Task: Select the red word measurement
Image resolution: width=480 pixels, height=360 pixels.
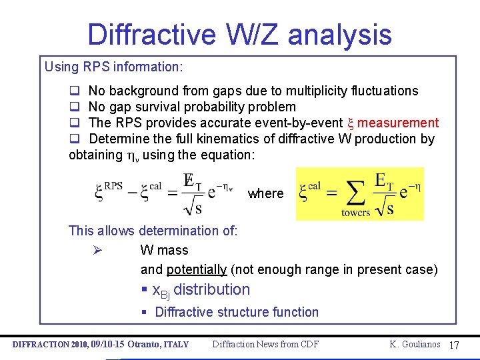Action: pyautogui.click(x=398, y=123)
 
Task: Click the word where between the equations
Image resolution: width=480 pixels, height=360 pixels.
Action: pyautogui.click(x=265, y=193)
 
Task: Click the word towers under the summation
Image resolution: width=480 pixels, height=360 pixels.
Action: pyautogui.click(x=355, y=213)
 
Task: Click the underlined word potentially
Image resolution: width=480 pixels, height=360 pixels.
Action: pyautogui.click(x=197, y=270)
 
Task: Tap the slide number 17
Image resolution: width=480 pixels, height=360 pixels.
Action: pyautogui.click(x=455, y=345)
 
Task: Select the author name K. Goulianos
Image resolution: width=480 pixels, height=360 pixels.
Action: pyautogui.click(x=415, y=344)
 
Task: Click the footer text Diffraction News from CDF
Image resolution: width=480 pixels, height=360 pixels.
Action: pyautogui.click(x=265, y=345)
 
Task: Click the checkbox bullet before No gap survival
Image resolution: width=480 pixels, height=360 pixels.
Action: pyautogui.click(x=75, y=107)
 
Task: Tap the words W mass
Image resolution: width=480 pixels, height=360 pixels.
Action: pyautogui.click(x=164, y=251)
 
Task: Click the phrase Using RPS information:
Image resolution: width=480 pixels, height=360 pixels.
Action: pyautogui.click(x=113, y=67)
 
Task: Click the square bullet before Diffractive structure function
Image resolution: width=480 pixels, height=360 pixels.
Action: pyautogui.click(x=144, y=312)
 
